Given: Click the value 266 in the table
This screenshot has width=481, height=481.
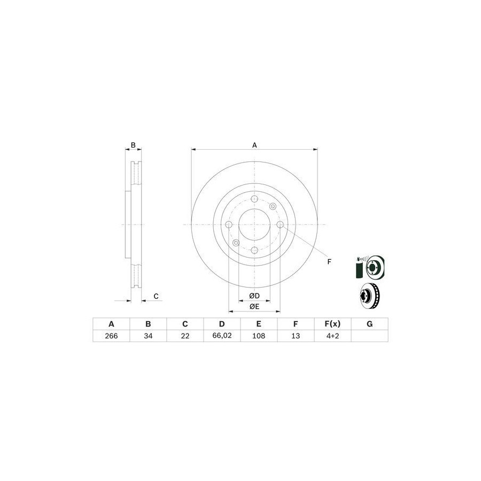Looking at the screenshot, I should click(x=111, y=336).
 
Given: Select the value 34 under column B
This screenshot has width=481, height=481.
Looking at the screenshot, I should click(x=148, y=336).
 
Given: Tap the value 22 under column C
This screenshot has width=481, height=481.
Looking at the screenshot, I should click(x=185, y=336).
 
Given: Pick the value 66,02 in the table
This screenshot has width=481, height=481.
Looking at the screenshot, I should click(x=222, y=336).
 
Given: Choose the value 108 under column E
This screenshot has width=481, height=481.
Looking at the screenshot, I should click(x=259, y=336).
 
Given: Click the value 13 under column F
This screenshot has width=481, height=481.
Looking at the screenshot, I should click(x=296, y=336).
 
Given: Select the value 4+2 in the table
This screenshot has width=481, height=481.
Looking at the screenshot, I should click(x=332, y=336).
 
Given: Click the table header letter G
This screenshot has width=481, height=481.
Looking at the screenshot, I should click(x=369, y=324).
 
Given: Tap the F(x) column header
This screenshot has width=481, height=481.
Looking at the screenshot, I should click(x=332, y=324).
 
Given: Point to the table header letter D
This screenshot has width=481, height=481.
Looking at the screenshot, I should click(x=222, y=324).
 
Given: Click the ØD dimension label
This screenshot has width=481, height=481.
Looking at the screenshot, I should click(x=254, y=296).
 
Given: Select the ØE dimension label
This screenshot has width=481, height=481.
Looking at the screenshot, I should click(x=254, y=306).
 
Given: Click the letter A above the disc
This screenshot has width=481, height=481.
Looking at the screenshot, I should click(x=254, y=145).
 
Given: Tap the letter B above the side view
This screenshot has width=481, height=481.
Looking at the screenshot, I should click(x=134, y=145).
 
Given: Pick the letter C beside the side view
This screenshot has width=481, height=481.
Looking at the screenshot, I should click(x=156, y=296).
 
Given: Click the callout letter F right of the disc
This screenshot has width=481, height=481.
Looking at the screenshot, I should click(x=329, y=261).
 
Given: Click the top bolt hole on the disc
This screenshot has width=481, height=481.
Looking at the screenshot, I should click(x=254, y=199).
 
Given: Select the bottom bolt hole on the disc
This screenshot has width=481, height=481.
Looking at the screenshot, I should click(x=254, y=250).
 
